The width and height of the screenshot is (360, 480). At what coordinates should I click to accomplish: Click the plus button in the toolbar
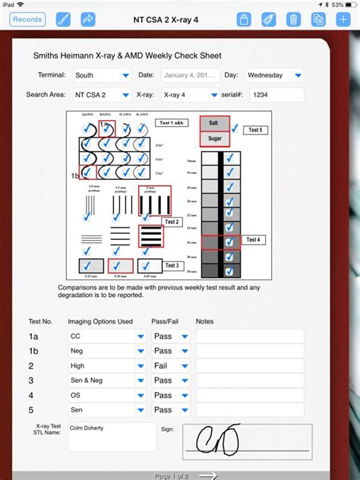(x=343, y=19)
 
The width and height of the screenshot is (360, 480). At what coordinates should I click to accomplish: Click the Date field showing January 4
(x=189, y=75)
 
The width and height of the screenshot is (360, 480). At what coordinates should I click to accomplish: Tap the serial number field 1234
(x=276, y=95)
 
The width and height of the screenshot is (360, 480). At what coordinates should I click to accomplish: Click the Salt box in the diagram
(x=213, y=124)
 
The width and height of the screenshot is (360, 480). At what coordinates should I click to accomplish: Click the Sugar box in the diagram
(x=213, y=139)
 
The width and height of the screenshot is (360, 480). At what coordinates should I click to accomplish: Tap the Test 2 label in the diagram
(x=172, y=222)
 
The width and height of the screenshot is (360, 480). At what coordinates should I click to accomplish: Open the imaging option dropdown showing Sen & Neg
(x=106, y=381)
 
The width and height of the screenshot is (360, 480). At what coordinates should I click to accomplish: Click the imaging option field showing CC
(x=106, y=336)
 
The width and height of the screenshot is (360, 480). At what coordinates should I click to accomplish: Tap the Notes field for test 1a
(x=250, y=336)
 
